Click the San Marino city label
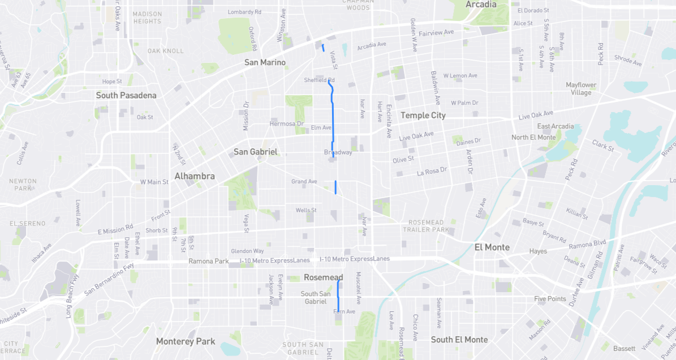pyautogui.click(x=265, y=62)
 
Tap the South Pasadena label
pyautogui.click(x=126, y=95)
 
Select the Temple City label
pyautogui.click(x=423, y=115)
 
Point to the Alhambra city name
pyautogui.click(x=195, y=176)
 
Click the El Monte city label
pyautogui.click(x=492, y=247)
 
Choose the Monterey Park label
pyautogui.click(x=186, y=341)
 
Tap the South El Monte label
pyautogui.click(x=459, y=340)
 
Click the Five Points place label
pyautogui.click(x=550, y=299)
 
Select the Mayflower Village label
pyautogui.click(x=581, y=89)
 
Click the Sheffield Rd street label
pyautogui.click(x=319, y=80)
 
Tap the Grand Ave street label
pyautogui.click(x=304, y=182)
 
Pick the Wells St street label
pyautogui.click(x=306, y=211)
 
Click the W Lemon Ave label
pyautogui.click(x=460, y=75)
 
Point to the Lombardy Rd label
pyautogui.click(x=244, y=12)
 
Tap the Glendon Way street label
pyautogui.click(x=247, y=251)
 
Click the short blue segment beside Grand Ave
pyautogui.click(x=336, y=187)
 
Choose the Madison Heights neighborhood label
pyautogui.click(x=147, y=18)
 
